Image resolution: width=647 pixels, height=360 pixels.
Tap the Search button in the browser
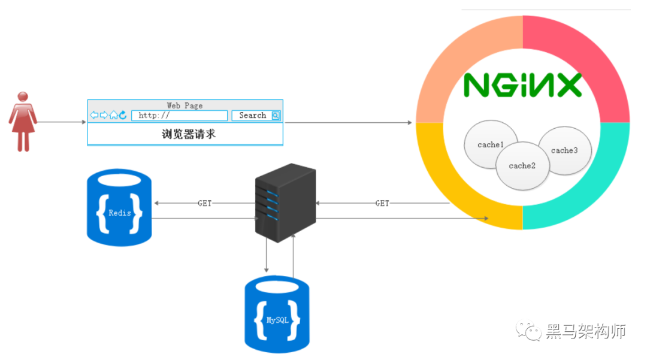point(252,116)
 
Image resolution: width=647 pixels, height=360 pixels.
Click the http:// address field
point(179,116)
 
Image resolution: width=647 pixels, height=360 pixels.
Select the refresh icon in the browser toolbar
point(123,115)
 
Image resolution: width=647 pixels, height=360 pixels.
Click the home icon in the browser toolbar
point(113,115)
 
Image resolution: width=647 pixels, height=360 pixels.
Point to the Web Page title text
point(185,105)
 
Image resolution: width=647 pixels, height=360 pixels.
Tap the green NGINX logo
point(522,86)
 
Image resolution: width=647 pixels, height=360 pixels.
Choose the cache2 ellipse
point(522,167)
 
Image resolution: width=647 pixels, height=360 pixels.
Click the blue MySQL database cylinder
point(277,314)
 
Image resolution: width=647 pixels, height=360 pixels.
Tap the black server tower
point(285,202)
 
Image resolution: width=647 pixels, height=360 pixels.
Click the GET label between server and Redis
point(205,204)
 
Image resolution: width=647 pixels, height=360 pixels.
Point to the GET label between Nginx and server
point(382,204)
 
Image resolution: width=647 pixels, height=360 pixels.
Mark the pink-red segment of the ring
point(590,54)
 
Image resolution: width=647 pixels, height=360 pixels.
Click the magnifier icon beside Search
point(276,116)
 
